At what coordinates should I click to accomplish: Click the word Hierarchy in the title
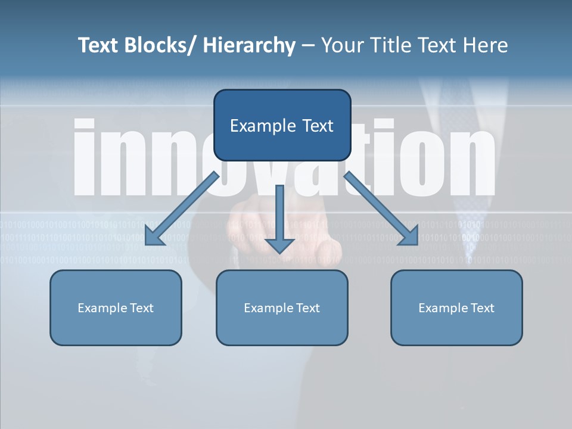[249, 45]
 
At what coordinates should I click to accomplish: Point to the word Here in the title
[485, 45]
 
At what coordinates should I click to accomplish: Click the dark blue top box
[282, 125]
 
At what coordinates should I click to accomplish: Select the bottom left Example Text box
[116, 307]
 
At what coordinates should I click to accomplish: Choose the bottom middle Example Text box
[282, 307]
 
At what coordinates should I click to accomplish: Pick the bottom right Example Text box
[456, 307]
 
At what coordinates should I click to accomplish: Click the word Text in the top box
[318, 126]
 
